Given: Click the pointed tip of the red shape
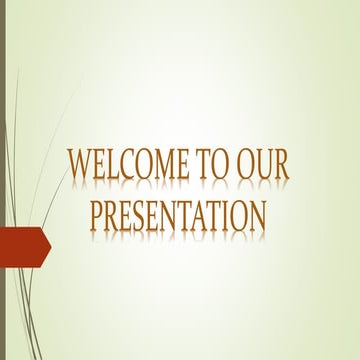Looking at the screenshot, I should pos(48,244).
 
